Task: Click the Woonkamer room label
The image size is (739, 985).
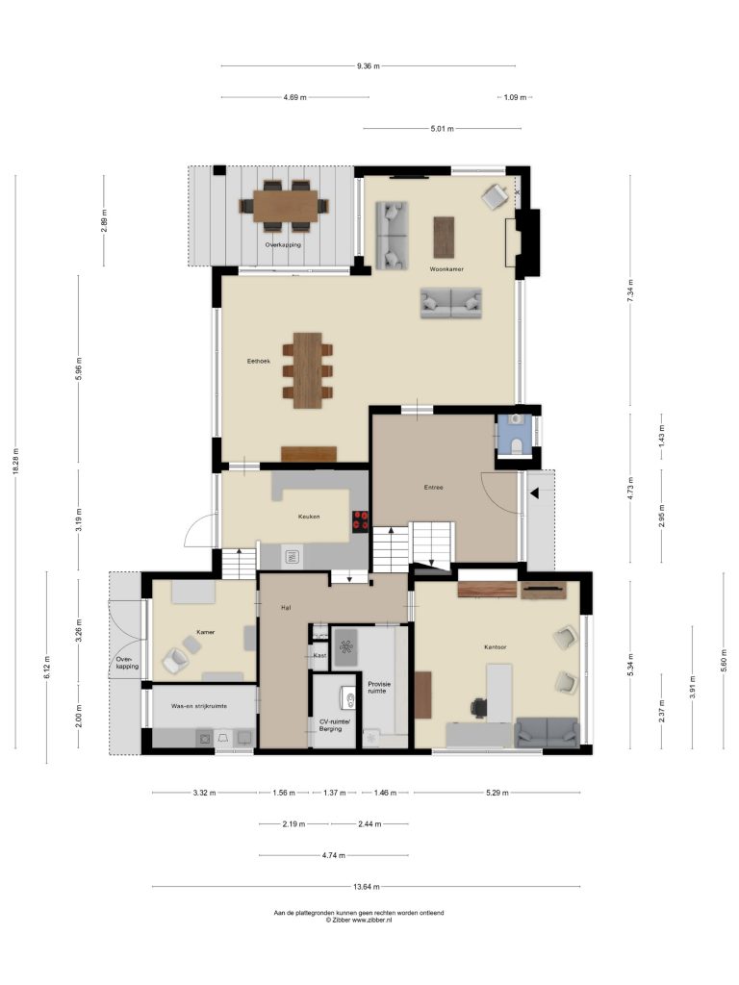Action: coord(446,269)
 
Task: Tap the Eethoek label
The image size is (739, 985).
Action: coord(258,362)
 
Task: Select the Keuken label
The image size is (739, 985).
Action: coord(309,517)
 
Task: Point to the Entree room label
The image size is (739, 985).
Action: coord(434,487)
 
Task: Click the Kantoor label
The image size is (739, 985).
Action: coord(496,646)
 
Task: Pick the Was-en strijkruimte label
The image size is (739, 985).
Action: coord(199,706)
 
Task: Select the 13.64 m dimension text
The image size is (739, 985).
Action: coord(367,887)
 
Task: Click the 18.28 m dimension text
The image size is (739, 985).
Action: coord(15,462)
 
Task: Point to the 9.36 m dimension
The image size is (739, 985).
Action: coord(369,66)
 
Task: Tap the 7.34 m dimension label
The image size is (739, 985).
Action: coord(630,290)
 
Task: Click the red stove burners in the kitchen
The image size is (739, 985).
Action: coord(362,520)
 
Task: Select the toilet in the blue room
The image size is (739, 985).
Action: coord(517,445)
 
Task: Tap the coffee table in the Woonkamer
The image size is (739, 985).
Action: coord(444,237)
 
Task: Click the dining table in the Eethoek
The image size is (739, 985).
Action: coord(308,370)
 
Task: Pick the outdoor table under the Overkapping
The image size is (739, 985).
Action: coord(286,205)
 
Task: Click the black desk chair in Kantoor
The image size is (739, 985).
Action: coord(478,707)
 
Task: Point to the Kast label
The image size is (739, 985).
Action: coord(319,655)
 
